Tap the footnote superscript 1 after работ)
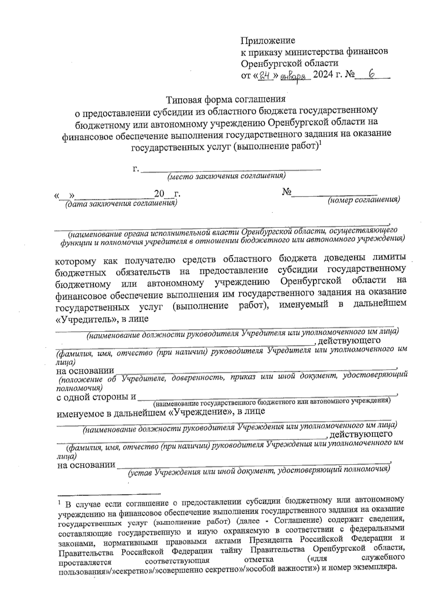320,144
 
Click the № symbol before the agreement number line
287,193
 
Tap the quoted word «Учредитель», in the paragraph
87,319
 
